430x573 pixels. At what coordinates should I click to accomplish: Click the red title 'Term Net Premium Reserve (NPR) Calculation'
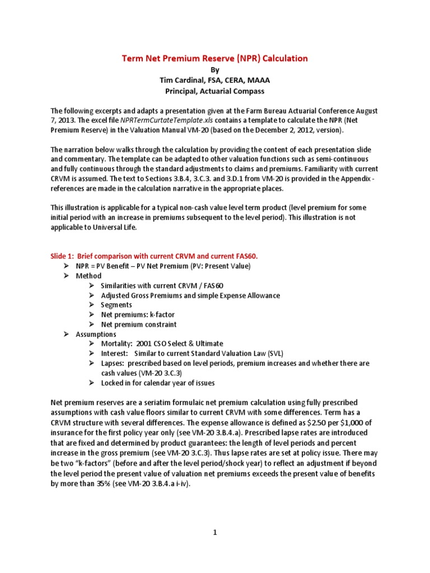[215, 58]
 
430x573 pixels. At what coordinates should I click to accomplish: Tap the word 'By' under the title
[215, 69]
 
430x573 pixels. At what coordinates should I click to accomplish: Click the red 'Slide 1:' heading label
[63, 256]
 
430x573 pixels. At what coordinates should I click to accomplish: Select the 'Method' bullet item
[88, 276]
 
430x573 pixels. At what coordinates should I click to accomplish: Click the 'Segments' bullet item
[116, 305]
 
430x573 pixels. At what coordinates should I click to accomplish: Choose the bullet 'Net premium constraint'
[138, 324]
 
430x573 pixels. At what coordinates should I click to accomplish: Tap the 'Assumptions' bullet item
[96, 334]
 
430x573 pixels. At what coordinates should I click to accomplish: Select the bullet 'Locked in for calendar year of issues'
[157, 383]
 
